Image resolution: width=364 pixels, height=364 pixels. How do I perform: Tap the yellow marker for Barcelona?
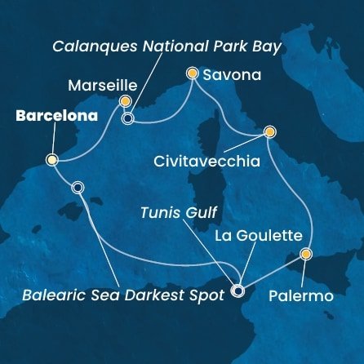pos(52,161)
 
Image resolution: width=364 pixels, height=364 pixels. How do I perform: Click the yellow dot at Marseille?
pos(125,101)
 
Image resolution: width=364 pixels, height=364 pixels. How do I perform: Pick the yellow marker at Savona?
pos(193,73)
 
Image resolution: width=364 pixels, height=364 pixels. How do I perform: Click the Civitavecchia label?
pos(206,162)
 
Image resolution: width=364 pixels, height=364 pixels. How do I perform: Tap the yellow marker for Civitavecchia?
pos(269,131)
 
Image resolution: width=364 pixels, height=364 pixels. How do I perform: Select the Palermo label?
pos(301,295)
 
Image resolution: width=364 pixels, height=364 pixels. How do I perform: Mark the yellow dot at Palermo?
pos(305,254)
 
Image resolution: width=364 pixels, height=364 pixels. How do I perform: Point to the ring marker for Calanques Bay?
pos(127,119)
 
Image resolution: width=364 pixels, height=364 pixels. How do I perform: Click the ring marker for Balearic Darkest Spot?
pos(78,187)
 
